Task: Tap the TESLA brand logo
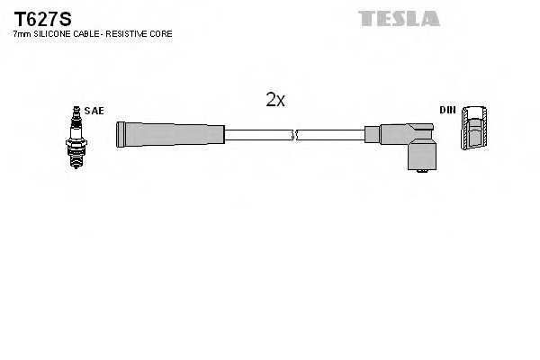399,18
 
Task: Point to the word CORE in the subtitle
161,33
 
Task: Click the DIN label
446,110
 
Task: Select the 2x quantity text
275,101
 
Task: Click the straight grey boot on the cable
170,135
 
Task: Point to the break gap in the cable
295,135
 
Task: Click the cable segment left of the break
258,135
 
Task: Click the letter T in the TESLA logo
366,18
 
